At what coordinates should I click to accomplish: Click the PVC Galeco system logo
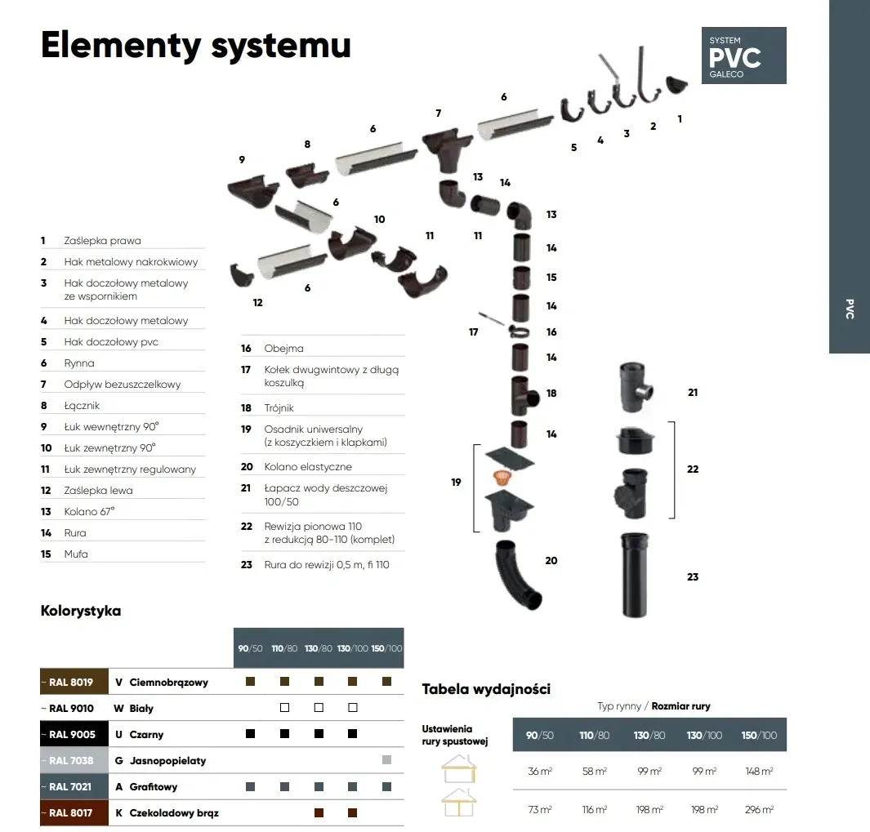[x=743, y=56]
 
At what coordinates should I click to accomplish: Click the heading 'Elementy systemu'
[x=196, y=45]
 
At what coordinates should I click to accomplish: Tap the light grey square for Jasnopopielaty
[x=386, y=760]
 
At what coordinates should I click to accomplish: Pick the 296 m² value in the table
[x=759, y=809]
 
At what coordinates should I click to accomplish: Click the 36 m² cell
[x=539, y=771]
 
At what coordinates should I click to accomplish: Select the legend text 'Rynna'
[x=79, y=363]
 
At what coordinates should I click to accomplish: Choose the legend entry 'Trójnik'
[x=279, y=407]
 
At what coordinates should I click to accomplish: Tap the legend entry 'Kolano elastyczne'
[x=308, y=466]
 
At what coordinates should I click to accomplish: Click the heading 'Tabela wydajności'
[x=486, y=689]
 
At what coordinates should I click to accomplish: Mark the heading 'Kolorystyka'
[x=81, y=611]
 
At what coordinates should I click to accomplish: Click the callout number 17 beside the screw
[x=474, y=332]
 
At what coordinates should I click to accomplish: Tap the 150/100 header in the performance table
[x=759, y=735]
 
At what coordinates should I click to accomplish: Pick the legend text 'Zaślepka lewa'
[x=98, y=491]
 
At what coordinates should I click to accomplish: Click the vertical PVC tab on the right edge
[x=850, y=309]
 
